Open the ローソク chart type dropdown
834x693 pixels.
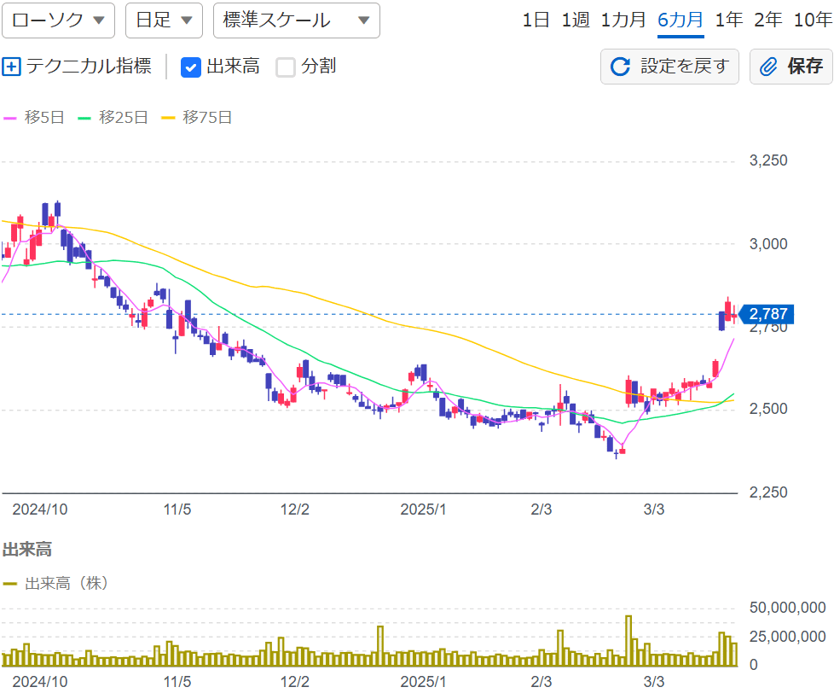click(x=58, y=20)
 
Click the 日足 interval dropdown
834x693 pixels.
click(x=164, y=20)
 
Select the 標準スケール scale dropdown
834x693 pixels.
click(x=297, y=20)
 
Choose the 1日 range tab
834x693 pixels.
click(x=536, y=20)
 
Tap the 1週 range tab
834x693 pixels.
click(x=576, y=20)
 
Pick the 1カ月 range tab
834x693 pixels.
click(x=623, y=20)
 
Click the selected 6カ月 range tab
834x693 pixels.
click(x=681, y=20)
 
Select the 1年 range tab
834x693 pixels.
click(x=729, y=20)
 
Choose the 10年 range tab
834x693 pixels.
click(x=812, y=20)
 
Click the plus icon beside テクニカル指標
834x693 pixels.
click(x=11, y=67)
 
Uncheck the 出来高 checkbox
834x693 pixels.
click(x=191, y=67)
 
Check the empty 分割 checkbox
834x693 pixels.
click(x=286, y=67)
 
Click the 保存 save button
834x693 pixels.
click(x=791, y=67)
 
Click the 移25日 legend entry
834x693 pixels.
click(x=113, y=118)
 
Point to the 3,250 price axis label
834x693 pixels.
click(x=767, y=160)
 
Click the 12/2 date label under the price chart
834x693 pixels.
click(x=294, y=510)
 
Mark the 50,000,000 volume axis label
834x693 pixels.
click(x=787, y=608)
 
